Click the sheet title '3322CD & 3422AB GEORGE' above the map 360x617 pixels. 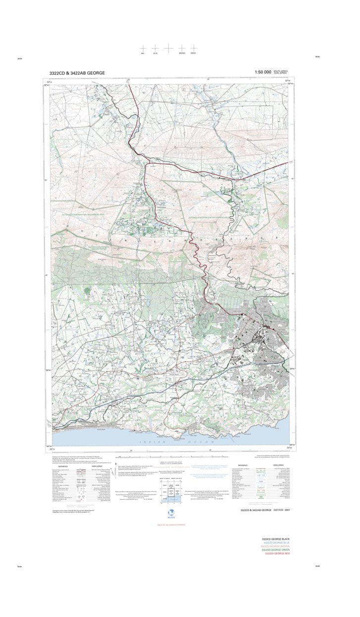click(77, 73)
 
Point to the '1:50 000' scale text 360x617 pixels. click(262, 72)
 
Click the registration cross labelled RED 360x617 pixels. click(143, 48)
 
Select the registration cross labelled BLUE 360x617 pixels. click(155, 48)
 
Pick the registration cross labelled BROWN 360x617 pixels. click(182, 48)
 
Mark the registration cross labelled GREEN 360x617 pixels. click(194, 48)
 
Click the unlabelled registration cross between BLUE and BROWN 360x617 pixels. click(168, 48)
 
